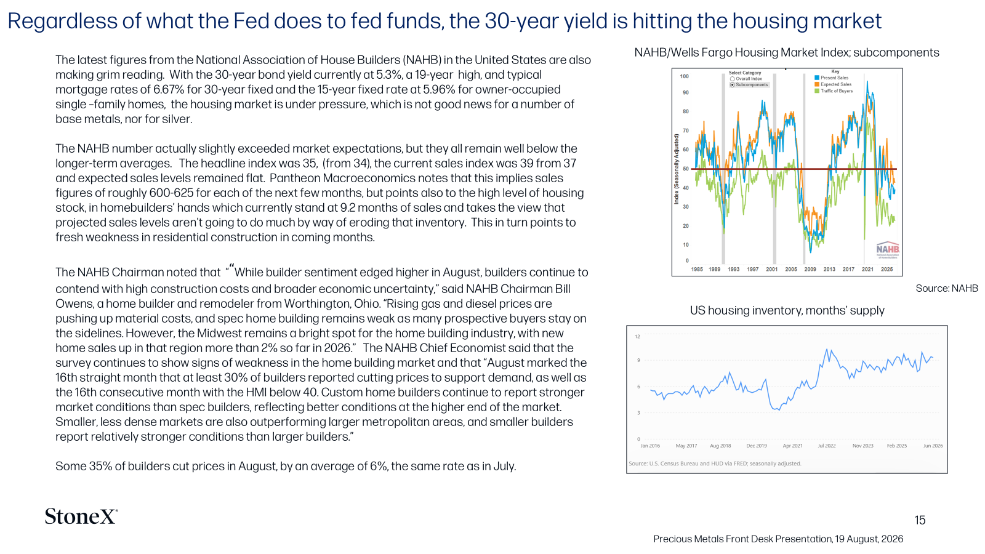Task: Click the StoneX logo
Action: pyautogui.click(x=81, y=516)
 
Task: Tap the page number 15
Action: pyautogui.click(x=920, y=520)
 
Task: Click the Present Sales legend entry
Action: pyautogui.click(x=832, y=78)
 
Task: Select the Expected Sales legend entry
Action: pyautogui.click(x=833, y=84)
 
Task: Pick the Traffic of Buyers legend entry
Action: pyautogui.click(x=834, y=91)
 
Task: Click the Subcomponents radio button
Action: pyautogui.click(x=732, y=85)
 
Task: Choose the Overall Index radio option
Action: pyautogui.click(x=732, y=79)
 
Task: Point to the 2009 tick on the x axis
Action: pyautogui.click(x=810, y=269)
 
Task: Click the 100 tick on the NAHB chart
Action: pyautogui.click(x=684, y=76)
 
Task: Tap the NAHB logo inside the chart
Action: pyautogui.click(x=888, y=250)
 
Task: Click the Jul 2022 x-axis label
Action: pyautogui.click(x=827, y=446)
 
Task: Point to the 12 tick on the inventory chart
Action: pyautogui.click(x=638, y=337)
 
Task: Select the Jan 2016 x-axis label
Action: pyautogui.click(x=650, y=446)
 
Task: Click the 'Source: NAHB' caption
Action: pyautogui.click(x=947, y=289)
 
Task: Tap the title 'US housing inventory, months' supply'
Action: pyautogui.click(x=787, y=310)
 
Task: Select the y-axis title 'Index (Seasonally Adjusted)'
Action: pyautogui.click(x=677, y=169)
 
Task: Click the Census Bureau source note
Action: pyautogui.click(x=715, y=464)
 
